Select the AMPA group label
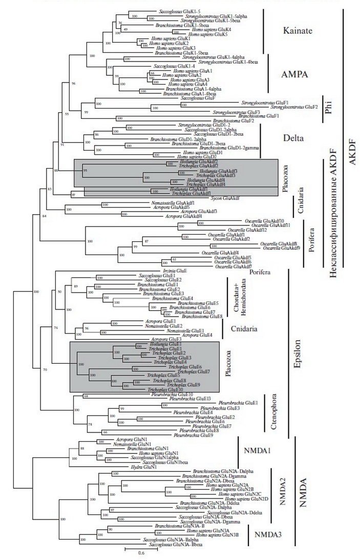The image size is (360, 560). click(296, 74)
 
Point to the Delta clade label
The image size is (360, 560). click(294, 137)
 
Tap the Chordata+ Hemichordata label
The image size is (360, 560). click(232, 297)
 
